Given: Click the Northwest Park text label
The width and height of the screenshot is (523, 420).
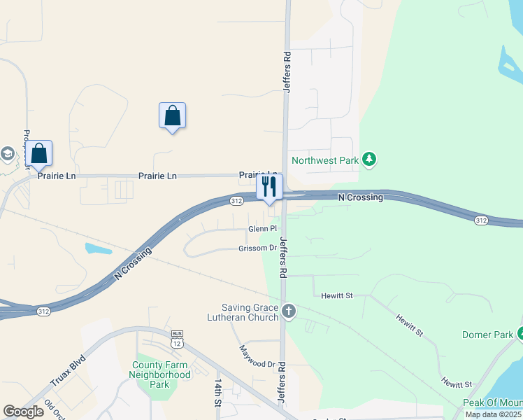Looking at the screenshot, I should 325,160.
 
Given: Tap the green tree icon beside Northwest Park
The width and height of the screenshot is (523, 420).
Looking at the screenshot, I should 371,160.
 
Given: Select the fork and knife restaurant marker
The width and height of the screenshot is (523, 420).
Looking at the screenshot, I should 269,187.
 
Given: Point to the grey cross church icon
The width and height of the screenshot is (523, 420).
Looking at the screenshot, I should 289,309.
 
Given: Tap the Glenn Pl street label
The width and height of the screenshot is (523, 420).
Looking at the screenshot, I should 263,229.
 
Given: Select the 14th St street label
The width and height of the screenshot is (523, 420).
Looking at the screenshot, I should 219,393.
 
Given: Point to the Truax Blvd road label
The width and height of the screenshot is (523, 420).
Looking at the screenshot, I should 68,372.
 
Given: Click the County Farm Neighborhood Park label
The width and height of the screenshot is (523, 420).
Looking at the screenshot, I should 159,374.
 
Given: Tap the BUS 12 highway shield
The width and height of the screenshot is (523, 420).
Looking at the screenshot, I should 176,340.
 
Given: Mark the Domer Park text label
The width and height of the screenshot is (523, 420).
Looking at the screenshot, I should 487,335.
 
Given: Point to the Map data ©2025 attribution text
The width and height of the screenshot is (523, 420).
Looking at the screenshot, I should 493,414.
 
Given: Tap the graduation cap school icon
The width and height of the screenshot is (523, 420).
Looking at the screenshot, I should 7,154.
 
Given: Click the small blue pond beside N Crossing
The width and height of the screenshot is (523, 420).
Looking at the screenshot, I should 98,248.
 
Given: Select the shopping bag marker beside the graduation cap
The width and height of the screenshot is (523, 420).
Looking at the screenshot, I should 39,154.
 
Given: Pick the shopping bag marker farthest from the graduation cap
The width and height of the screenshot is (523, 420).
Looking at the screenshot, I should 172,115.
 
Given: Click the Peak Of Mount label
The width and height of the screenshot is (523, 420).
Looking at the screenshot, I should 492,403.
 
